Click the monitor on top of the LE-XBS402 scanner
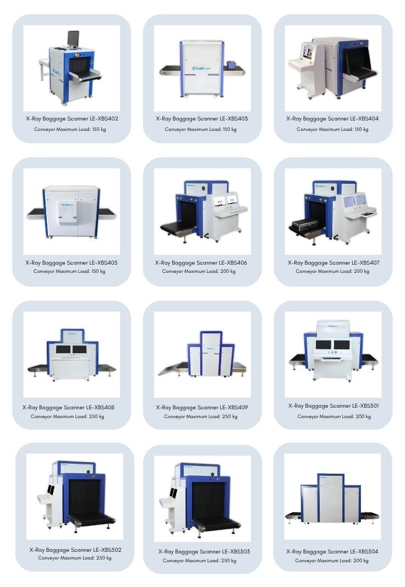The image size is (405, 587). [x=73, y=39]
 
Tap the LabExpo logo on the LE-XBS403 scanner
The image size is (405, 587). [x=201, y=68]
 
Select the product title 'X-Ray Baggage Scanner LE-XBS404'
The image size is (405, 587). [x=332, y=119]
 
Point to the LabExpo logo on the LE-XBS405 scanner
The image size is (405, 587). [x=67, y=205]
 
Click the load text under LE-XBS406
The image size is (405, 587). [x=199, y=271]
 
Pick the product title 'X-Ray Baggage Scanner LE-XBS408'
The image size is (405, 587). [x=68, y=407]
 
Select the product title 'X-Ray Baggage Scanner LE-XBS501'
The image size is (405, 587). [x=333, y=405]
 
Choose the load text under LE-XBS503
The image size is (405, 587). [x=200, y=561]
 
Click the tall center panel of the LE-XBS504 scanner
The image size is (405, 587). [x=331, y=498]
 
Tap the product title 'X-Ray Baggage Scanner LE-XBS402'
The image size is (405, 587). [x=72, y=119]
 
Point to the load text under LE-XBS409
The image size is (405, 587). [x=201, y=416]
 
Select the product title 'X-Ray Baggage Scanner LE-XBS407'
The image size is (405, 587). [x=333, y=262]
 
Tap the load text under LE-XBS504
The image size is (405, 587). [x=332, y=561]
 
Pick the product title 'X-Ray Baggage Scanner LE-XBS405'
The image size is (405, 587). [x=72, y=262]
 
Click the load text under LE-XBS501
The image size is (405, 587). [x=334, y=416]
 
